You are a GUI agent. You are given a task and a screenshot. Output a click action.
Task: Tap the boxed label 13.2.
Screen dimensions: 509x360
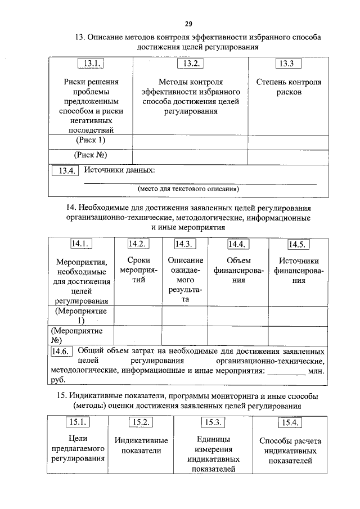pos(190,65)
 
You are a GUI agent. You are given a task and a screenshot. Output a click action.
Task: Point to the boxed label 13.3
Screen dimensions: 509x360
pos(289,64)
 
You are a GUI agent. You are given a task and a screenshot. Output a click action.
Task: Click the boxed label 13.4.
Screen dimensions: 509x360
pos(64,171)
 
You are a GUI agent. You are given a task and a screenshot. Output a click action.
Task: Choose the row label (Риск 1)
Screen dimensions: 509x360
pos(90,140)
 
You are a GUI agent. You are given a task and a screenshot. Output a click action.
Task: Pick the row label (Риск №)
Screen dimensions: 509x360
pos(90,155)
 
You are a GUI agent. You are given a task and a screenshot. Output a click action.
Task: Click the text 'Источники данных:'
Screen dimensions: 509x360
pos(119,170)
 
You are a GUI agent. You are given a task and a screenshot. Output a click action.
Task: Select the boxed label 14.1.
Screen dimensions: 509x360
pos(81,244)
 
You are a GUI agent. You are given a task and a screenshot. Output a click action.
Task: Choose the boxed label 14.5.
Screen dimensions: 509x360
pos(298,244)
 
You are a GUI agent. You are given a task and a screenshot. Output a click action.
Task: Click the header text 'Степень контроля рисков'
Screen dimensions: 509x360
pos(289,87)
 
